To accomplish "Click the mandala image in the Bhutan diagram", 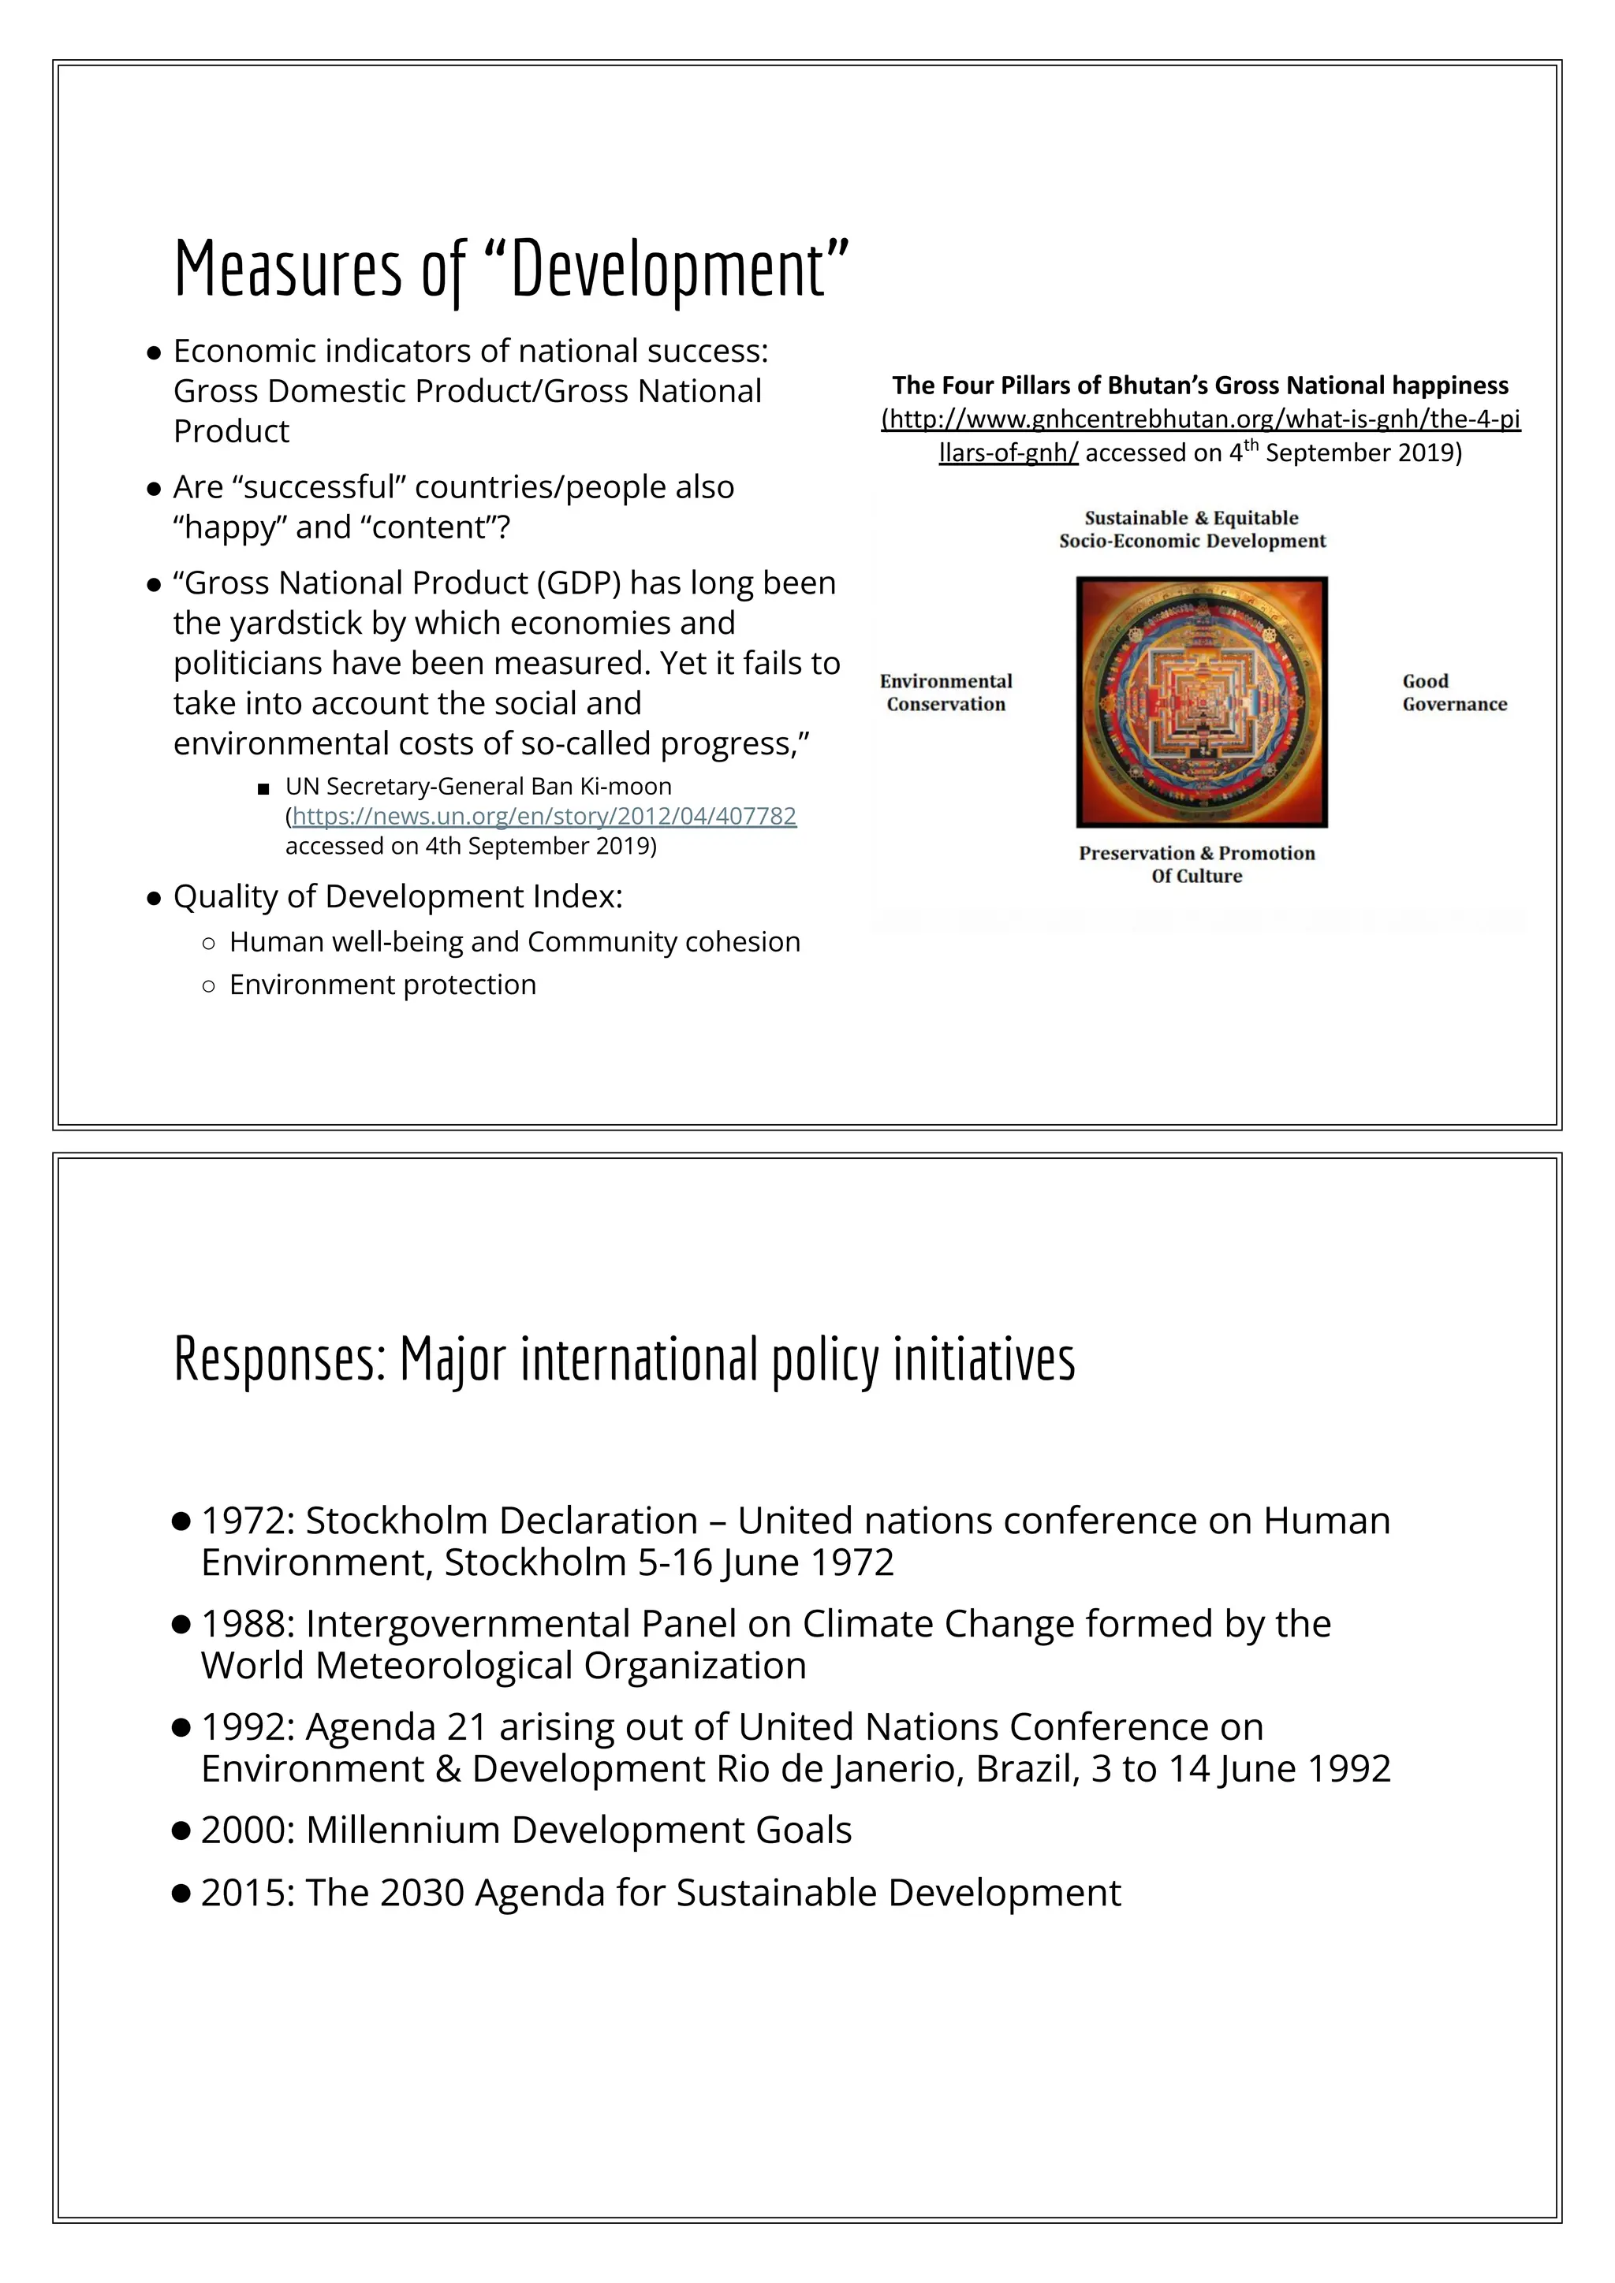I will (x=1201, y=702).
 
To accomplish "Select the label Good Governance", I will (x=1454, y=693).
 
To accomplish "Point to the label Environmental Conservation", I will (x=946, y=693).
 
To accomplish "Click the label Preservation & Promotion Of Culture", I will (x=1196, y=864).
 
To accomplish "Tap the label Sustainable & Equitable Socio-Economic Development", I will (x=1192, y=529).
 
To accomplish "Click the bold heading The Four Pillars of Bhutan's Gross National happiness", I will (x=1199, y=385).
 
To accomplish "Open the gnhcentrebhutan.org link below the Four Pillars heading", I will (x=1200, y=419).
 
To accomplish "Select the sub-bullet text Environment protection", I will (x=383, y=985).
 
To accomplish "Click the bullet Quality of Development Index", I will (x=397, y=897).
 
